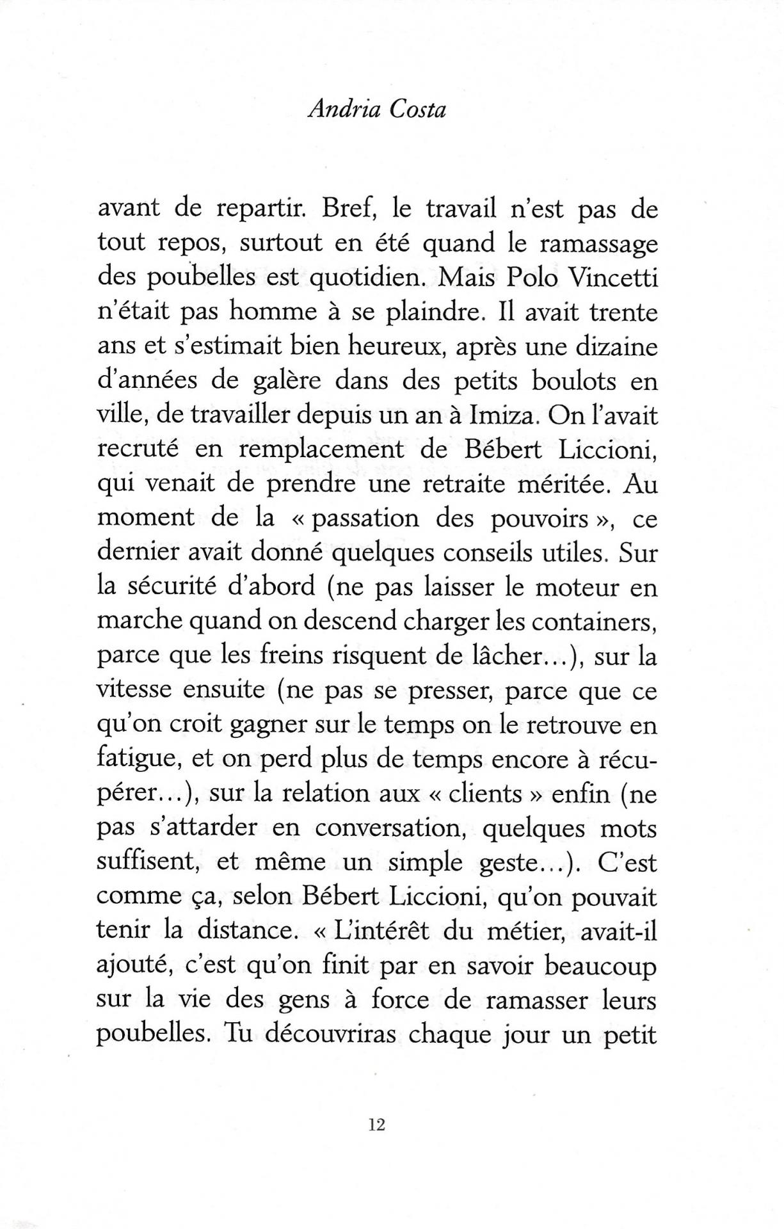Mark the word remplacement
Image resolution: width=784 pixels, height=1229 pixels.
(x=322, y=449)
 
